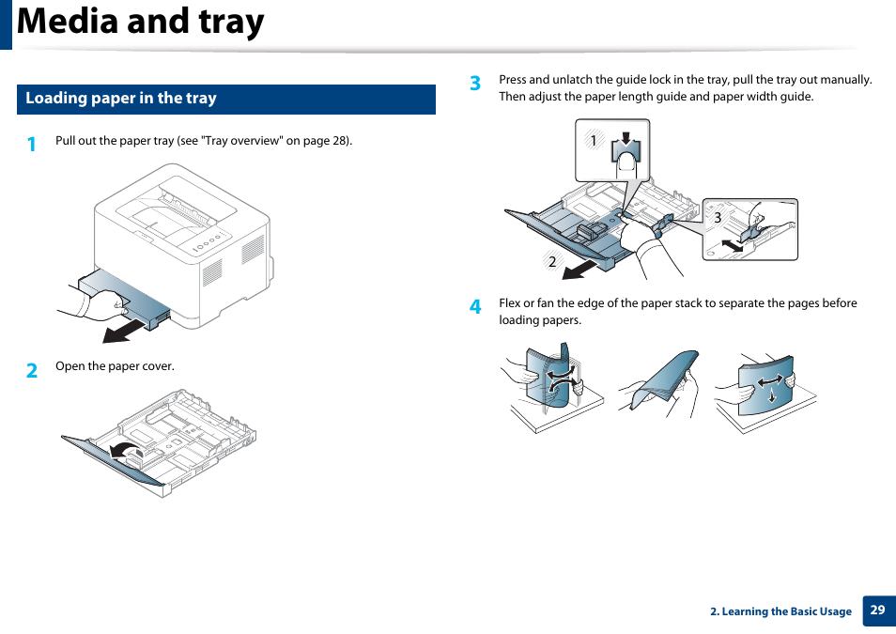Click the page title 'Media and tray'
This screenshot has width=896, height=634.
[141, 23]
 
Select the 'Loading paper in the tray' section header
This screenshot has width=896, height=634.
[121, 99]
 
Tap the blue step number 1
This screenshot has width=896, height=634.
[32, 144]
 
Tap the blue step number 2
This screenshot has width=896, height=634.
[32, 370]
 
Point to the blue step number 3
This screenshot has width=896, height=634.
[475, 84]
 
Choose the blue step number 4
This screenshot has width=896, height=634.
[475, 306]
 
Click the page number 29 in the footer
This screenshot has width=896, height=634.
[877, 611]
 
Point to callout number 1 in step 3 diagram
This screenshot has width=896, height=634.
[594, 141]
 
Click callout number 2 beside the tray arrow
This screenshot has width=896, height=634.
[552, 261]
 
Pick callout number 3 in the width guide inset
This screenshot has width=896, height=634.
[718, 218]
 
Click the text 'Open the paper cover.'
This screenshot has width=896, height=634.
[115, 366]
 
